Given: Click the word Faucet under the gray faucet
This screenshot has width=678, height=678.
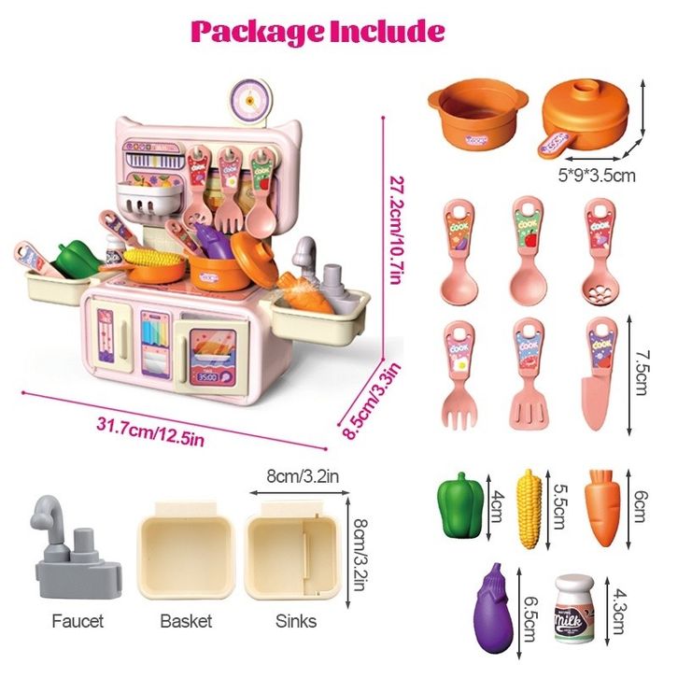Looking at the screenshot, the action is [78, 620].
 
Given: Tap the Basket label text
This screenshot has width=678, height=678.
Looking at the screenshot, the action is [186, 620].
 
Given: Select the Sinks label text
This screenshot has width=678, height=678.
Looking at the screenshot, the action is [295, 620].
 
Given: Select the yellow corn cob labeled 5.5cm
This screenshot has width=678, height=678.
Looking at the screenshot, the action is [530, 509].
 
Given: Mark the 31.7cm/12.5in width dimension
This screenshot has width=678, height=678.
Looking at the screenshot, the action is [151, 432].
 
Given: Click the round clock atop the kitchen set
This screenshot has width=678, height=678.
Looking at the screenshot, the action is [252, 97].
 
